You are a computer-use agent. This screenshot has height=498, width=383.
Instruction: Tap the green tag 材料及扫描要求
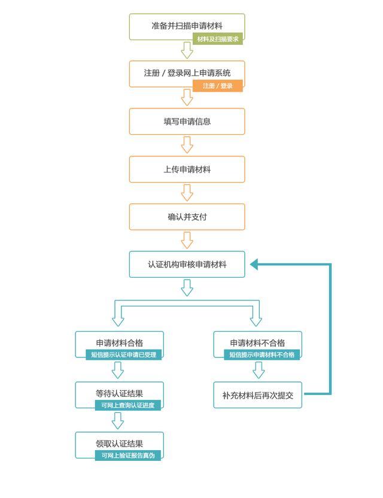[x=217, y=39]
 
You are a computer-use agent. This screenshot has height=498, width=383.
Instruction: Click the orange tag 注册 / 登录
[x=217, y=86]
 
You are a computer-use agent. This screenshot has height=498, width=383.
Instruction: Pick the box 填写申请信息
[x=187, y=122]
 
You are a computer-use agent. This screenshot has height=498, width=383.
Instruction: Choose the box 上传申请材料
[x=187, y=169]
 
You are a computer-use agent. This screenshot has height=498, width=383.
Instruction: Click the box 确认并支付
[x=187, y=217]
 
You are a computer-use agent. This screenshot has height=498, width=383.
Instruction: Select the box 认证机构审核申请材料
[x=187, y=264]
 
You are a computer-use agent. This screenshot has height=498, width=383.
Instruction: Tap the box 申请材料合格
[x=119, y=342]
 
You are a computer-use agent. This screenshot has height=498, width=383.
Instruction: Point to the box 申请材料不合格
[x=257, y=342]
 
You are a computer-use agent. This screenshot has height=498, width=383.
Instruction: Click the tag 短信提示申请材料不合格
[x=262, y=355]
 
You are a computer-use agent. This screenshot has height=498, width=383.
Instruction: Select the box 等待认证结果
[x=119, y=393]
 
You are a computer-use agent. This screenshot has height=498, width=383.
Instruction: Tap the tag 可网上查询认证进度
[x=127, y=406]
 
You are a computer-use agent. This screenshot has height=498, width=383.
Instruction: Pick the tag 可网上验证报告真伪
[x=127, y=456]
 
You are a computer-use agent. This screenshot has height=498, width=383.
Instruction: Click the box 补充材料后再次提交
[x=257, y=395]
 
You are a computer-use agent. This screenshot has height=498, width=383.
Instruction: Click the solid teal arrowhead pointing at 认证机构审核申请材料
[x=254, y=264]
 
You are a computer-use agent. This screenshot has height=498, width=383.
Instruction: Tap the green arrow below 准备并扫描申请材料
[x=187, y=50]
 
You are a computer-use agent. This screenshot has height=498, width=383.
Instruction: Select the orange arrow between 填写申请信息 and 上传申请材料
[x=187, y=145]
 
